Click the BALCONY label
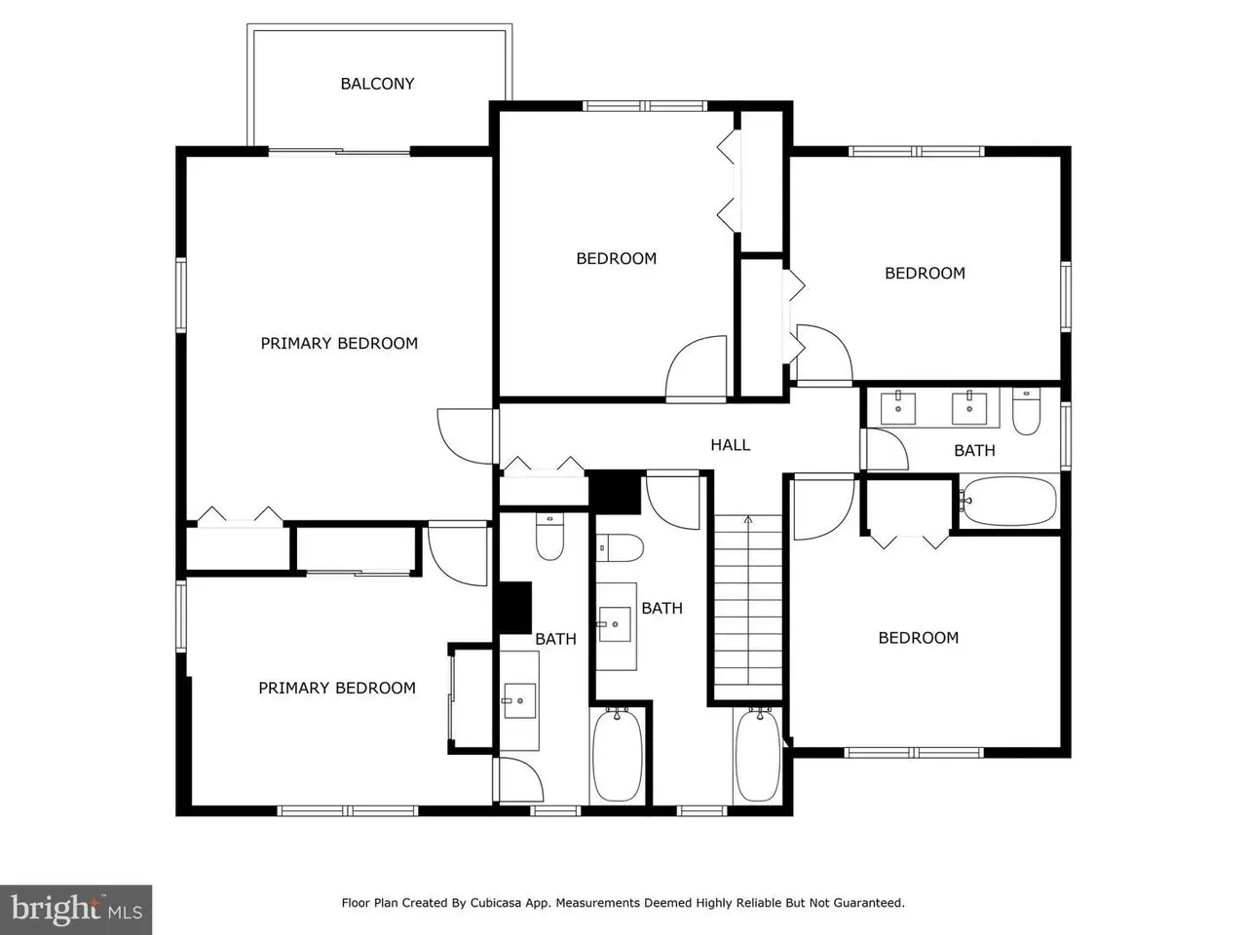(377, 84)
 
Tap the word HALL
(730, 444)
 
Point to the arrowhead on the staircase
(748, 519)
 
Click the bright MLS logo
(76, 910)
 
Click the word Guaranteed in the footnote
(873, 903)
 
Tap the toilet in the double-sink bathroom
(1026, 411)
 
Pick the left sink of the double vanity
(897, 407)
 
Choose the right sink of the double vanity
(969, 407)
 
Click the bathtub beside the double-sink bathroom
(1009, 501)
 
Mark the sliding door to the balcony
(339, 152)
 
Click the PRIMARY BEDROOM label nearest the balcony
(339, 343)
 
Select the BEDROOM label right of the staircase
(918, 638)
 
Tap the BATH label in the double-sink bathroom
(974, 451)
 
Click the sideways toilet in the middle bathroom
(620, 547)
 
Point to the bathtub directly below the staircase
(758, 755)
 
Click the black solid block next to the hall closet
(615, 492)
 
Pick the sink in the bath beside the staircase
(615, 624)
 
